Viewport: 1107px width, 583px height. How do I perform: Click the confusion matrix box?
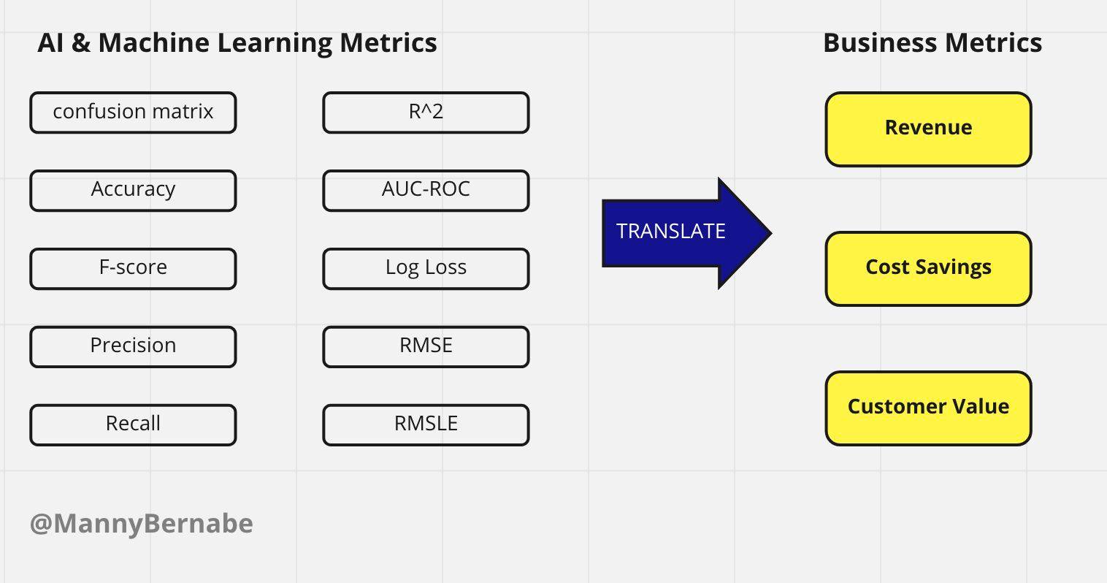(133, 113)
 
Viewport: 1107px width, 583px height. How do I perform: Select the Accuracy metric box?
(133, 191)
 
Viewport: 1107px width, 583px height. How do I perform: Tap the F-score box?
(133, 269)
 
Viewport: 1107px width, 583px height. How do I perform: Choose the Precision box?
(133, 346)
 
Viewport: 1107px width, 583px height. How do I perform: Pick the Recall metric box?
(133, 424)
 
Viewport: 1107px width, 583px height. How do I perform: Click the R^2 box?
(426, 113)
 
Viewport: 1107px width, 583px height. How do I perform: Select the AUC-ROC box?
(426, 191)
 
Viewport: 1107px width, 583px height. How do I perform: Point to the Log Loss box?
(426, 269)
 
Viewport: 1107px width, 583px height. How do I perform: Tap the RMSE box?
(426, 346)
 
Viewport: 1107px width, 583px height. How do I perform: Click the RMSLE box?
(426, 424)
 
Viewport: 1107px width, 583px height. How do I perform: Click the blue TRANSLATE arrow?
(686, 233)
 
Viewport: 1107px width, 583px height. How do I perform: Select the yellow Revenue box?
(929, 129)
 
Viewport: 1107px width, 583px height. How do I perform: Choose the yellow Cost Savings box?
(929, 269)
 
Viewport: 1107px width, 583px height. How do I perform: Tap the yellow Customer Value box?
(929, 408)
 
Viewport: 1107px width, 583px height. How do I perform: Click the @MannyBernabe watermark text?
(142, 524)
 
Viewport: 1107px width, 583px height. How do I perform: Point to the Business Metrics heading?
(932, 42)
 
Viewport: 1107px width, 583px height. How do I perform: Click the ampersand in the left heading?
(80, 42)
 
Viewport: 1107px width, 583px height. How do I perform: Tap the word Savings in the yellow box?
(954, 267)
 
